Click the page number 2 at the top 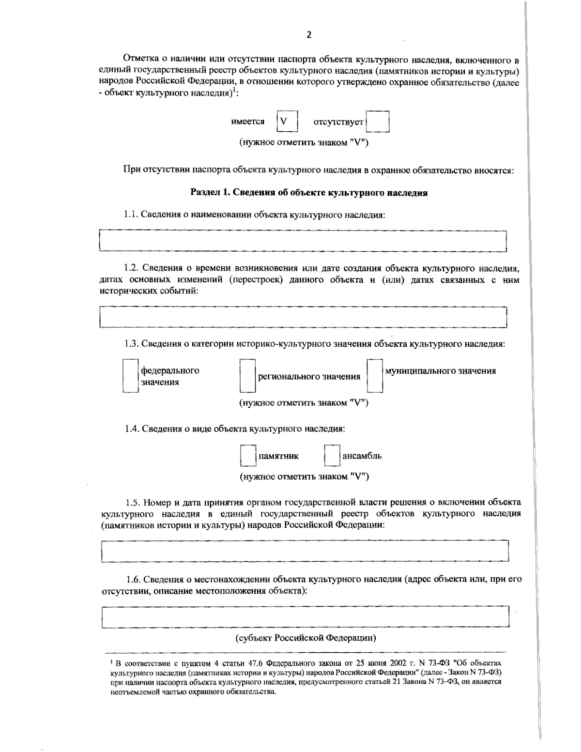309,34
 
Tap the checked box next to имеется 286,122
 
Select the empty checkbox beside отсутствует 378,122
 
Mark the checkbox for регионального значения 247,376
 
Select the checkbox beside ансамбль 332,456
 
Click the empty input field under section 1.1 303,241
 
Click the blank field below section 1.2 303,317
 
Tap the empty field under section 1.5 305,551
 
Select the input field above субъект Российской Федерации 305,616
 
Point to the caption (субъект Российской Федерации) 306,638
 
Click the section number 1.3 131,344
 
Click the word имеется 248,122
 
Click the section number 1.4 131,429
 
